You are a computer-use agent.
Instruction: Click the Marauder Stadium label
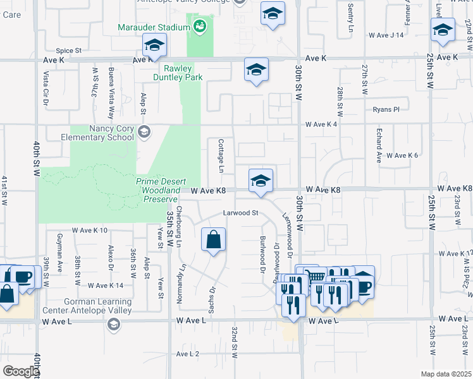coord(154,28)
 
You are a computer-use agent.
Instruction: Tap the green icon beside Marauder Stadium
coord(200,27)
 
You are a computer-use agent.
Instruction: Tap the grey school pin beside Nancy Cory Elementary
coord(144,132)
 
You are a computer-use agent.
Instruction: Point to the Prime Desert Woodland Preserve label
coord(157,190)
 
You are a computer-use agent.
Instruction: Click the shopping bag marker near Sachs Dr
coord(214,239)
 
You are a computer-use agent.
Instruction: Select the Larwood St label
coord(241,213)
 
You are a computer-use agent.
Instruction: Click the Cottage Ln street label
coord(221,156)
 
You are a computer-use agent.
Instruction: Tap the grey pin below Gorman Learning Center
coord(113,325)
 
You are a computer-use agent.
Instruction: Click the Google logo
coord(21,371)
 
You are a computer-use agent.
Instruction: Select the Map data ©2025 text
coord(443,374)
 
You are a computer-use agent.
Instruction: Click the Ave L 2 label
coord(188,354)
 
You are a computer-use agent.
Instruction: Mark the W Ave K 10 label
coord(90,231)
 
